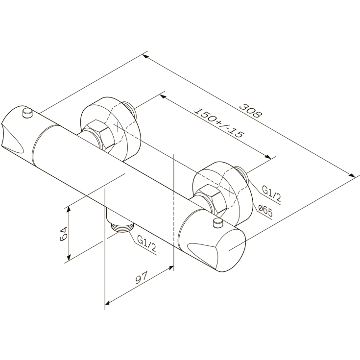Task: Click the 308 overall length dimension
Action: pyautogui.click(x=250, y=111)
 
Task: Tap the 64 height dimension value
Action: pyautogui.click(x=63, y=234)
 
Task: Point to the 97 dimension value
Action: pyautogui.click(x=141, y=278)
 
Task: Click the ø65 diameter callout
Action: pyautogui.click(x=265, y=210)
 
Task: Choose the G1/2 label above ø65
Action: pyautogui.click(x=271, y=193)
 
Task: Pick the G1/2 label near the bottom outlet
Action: pyautogui.click(x=146, y=243)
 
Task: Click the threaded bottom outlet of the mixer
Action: pyautogui.click(x=122, y=227)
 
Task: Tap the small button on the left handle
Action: pyautogui.click(x=28, y=113)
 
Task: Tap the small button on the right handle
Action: pyautogui.click(x=218, y=223)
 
